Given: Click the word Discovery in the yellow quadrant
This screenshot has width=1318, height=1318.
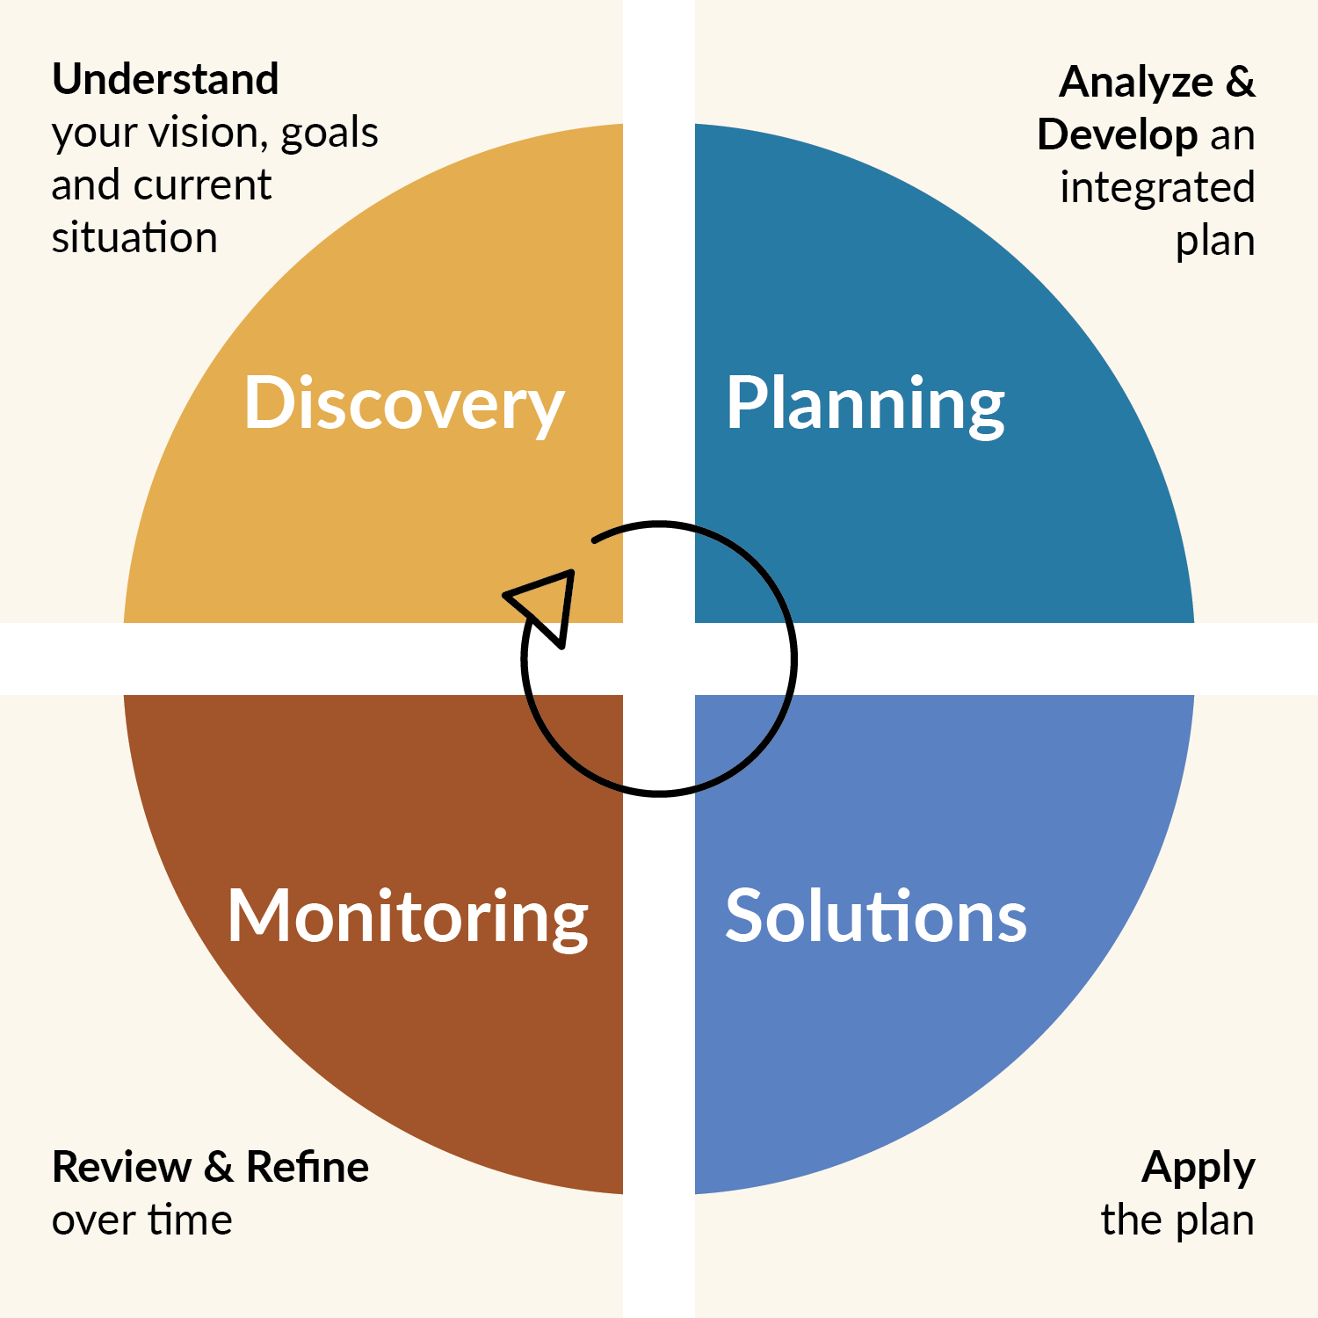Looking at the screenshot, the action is [x=404, y=404].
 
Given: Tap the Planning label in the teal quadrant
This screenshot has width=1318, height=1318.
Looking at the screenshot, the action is [x=865, y=404].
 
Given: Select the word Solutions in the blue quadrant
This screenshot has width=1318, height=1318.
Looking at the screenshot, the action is [x=876, y=916].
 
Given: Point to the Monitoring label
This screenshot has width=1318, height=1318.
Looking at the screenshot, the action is [x=408, y=918].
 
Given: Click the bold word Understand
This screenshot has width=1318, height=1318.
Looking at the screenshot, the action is [x=165, y=79].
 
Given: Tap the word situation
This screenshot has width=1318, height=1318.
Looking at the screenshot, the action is [x=134, y=238].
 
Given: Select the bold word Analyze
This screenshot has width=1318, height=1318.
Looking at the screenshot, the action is [x=1136, y=83].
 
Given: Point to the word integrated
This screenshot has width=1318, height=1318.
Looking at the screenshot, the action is [x=1157, y=189].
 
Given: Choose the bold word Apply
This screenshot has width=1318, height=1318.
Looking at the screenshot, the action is [x=1199, y=1169].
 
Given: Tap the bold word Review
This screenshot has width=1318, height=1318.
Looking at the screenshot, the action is [x=122, y=1167].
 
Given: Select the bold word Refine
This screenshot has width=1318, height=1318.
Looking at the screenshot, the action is [x=308, y=1167].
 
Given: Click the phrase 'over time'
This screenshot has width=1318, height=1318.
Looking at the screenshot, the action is [x=142, y=1220].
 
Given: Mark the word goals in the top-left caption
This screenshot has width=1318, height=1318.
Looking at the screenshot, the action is [x=329, y=134].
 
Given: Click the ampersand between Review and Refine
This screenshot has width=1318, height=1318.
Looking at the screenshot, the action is [x=219, y=1168].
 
